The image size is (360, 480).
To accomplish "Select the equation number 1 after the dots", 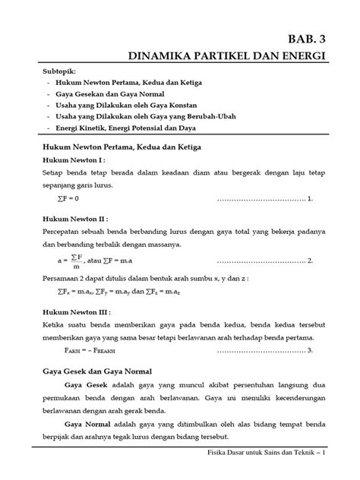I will [311, 199].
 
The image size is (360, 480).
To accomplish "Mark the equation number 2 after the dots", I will [311, 261].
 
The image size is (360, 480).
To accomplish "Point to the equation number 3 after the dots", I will [311, 351].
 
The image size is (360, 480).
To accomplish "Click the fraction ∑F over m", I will [76, 261].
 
